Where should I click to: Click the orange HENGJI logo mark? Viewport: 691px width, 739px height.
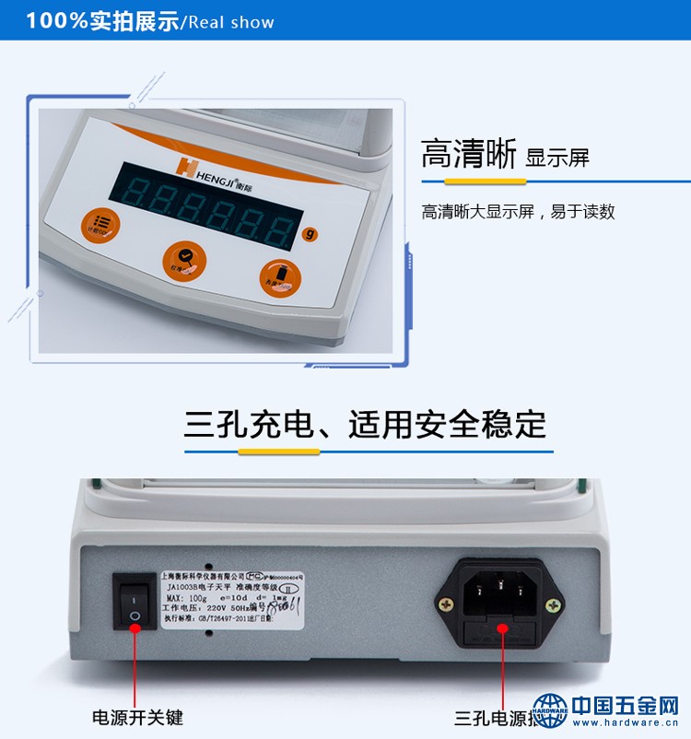184,165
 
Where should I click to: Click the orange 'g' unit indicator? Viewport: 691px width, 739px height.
310,233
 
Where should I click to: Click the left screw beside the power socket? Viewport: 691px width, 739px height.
446,605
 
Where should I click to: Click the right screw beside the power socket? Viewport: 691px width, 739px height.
553,605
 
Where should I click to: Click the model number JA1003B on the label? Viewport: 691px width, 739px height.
182,585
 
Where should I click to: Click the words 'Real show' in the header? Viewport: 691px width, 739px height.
231,22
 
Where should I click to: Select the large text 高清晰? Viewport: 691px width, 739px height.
468,154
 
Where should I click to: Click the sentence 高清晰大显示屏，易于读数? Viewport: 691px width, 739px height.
518,212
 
